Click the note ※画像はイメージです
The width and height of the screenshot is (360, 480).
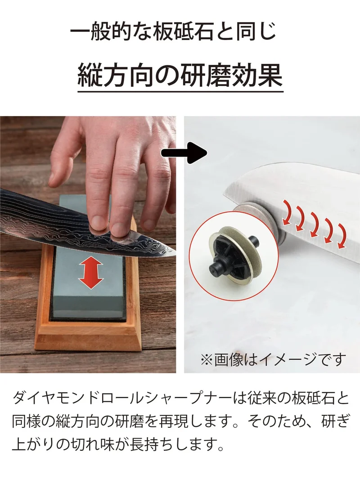273,359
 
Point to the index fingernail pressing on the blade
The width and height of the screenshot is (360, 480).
97,221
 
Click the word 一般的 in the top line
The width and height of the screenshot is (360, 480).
99,31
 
